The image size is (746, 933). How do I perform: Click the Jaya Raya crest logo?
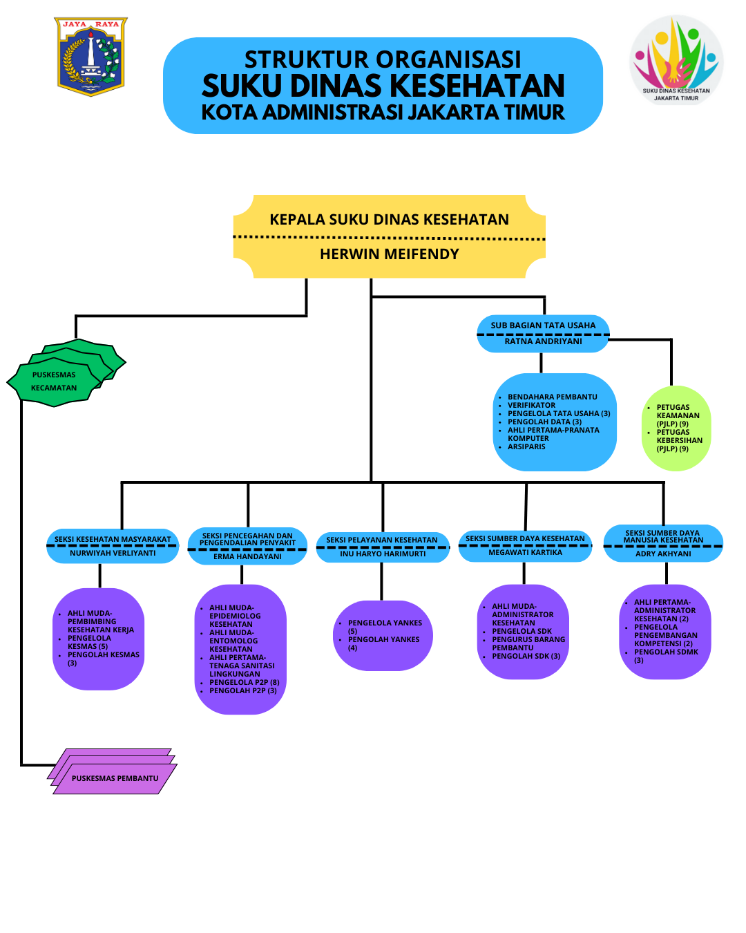90,57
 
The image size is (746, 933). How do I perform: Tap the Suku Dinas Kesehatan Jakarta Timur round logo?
676,61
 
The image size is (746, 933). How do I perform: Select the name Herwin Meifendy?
389,254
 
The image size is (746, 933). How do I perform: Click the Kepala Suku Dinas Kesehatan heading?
389,220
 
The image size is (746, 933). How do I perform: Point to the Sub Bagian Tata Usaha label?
543,326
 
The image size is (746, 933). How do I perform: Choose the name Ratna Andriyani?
543,341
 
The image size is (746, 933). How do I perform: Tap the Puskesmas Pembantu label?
115,778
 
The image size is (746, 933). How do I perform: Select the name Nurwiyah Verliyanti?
113,554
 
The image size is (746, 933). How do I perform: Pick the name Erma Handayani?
247,556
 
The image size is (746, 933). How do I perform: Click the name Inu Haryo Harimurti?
383,554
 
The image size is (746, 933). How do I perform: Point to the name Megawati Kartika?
525,553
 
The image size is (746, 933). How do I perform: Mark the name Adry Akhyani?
663,554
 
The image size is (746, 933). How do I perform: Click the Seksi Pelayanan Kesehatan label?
381,540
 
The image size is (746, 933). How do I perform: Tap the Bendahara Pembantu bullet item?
552,397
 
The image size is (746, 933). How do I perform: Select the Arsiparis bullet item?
526,447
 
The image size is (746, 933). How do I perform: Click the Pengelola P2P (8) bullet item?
244,683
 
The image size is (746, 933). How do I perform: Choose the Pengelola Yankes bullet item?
384,623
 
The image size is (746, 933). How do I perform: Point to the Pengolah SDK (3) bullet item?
526,657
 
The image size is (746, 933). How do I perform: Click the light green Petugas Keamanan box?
676,428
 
